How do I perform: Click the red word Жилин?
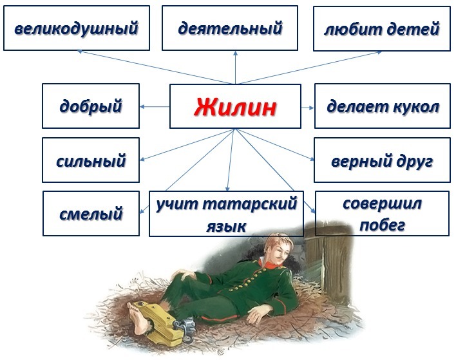[235, 107]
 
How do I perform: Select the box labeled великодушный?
[77, 28]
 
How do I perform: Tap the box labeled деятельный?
[230, 28]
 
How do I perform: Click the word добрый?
[91, 107]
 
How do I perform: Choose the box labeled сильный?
[91, 160]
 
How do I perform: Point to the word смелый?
[91, 214]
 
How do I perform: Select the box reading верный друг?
[382, 160]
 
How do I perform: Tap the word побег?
[382, 225]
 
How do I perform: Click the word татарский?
[249, 204]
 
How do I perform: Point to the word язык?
[226, 226]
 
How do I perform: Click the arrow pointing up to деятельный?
[235, 68]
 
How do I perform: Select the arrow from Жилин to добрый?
[155, 107]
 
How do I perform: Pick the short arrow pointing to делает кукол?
[307, 108]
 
